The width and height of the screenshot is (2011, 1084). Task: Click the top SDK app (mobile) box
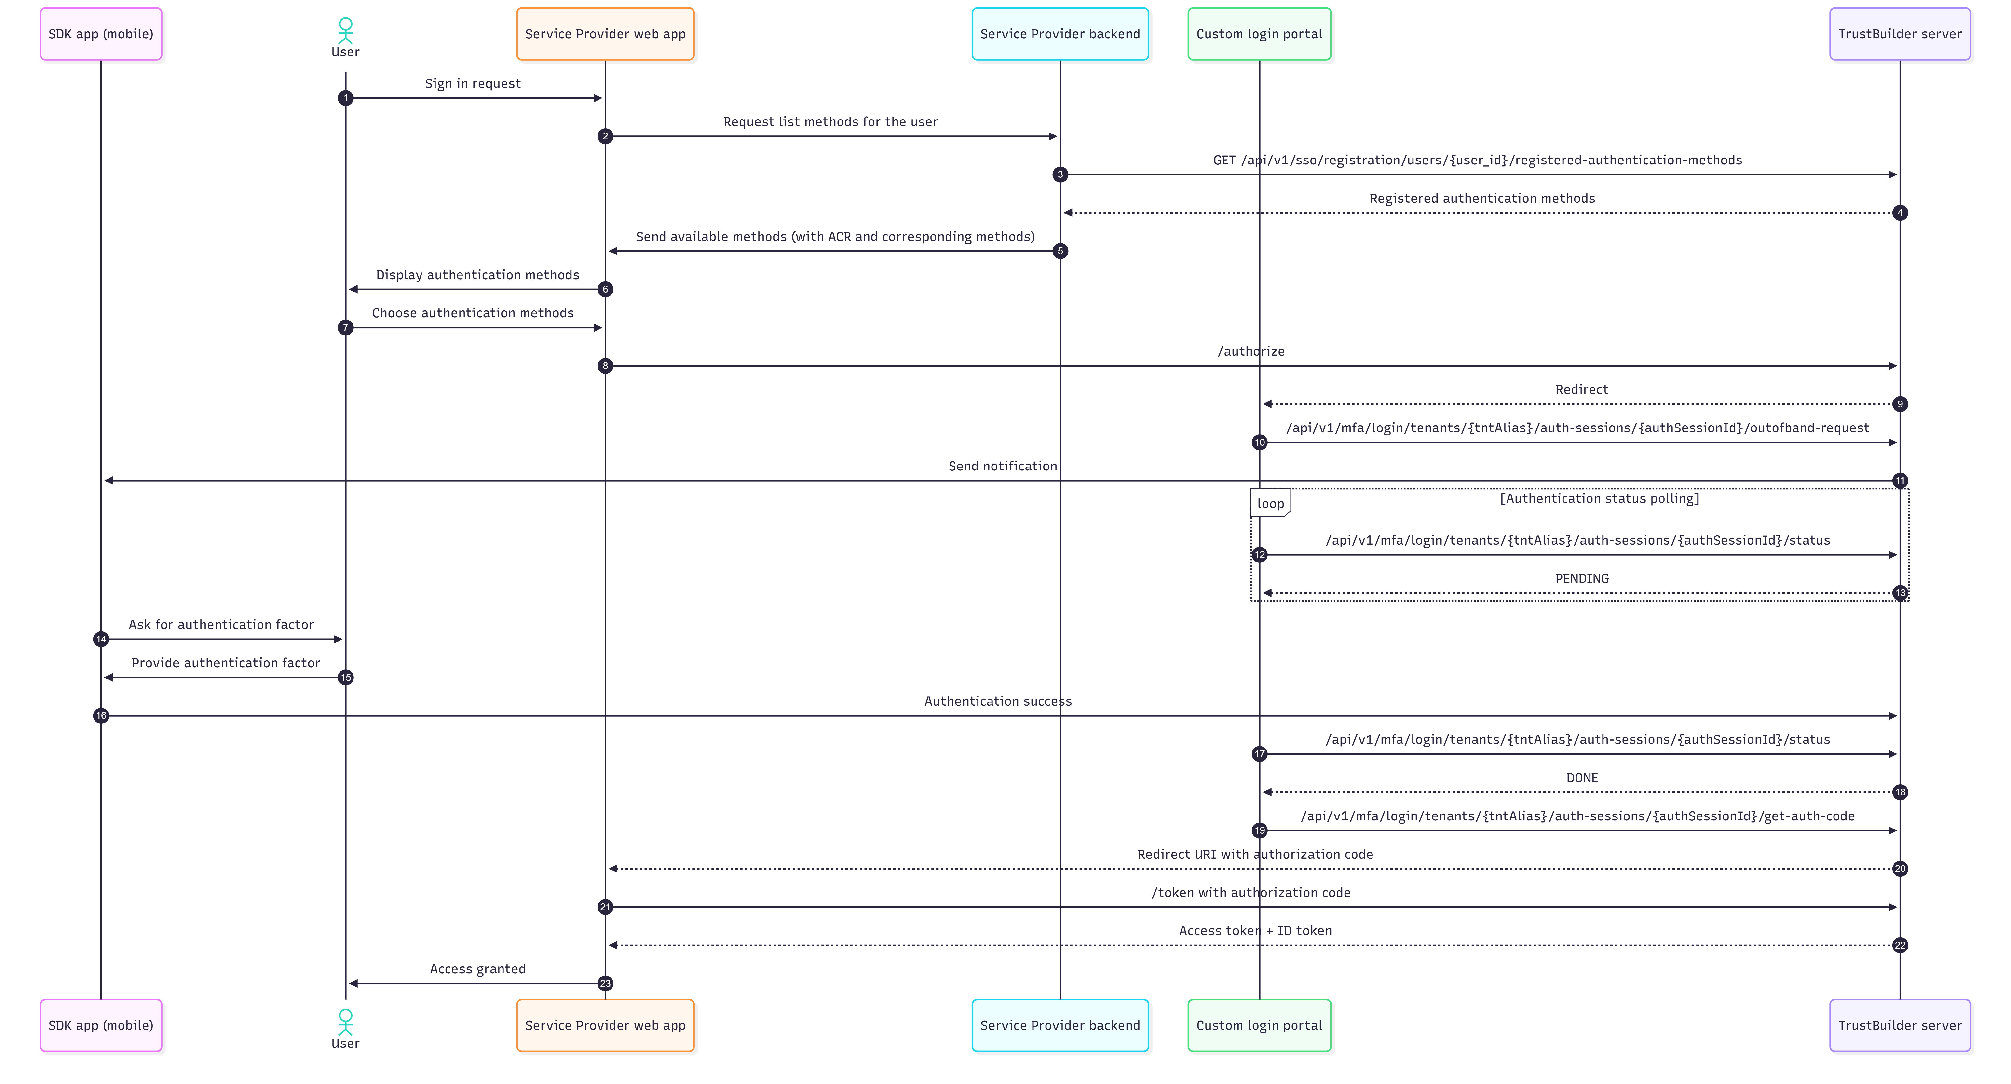click(x=101, y=34)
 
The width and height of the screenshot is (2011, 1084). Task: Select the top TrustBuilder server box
click(x=1899, y=34)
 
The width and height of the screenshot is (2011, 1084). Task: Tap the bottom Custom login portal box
click(x=1259, y=1025)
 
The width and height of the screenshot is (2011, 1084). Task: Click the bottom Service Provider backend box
click(x=1060, y=1025)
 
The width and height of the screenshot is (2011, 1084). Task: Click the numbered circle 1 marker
click(x=345, y=97)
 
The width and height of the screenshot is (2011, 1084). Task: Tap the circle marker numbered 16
click(x=101, y=715)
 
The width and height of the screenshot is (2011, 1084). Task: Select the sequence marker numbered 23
click(x=605, y=983)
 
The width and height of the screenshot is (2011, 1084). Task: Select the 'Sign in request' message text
click(x=472, y=83)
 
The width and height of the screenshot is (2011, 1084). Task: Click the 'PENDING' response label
click(x=1582, y=578)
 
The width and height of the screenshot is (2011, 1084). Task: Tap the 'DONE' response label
click(x=1582, y=777)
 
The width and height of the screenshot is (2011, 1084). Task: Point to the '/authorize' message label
click(x=1251, y=351)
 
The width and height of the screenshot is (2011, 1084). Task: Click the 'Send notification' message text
click(x=1002, y=466)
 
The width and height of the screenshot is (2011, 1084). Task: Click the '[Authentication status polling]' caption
click(x=1599, y=498)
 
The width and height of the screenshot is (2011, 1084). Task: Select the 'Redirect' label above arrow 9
click(x=1582, y=389)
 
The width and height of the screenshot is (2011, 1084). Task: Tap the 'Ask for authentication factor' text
click(x=221, y=624)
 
